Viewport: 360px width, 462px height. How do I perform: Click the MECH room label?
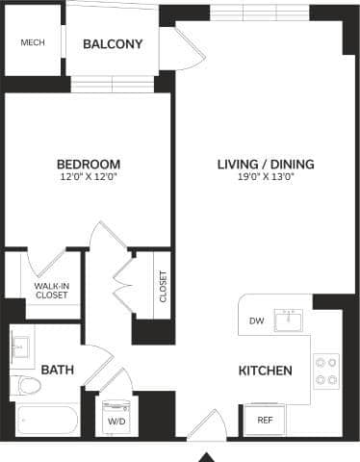click(x=32, y=43)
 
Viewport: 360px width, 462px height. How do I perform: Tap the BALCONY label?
click(x=113, y=44)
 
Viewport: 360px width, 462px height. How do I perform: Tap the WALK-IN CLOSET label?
click(x=51, y=290)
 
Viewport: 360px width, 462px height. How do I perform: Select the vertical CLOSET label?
click(x=163, y=287)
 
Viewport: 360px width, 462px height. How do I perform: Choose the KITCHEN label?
click(x=265, y=371)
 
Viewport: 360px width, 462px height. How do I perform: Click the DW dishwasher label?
click(x=256, y=321)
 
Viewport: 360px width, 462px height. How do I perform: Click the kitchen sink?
click(x=288, y=321)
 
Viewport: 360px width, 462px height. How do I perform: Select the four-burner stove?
click(x=326, y=371)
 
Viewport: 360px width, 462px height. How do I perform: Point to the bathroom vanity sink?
click(x=22, y=344)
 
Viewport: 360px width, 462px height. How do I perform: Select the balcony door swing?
click(x=186, y=50)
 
